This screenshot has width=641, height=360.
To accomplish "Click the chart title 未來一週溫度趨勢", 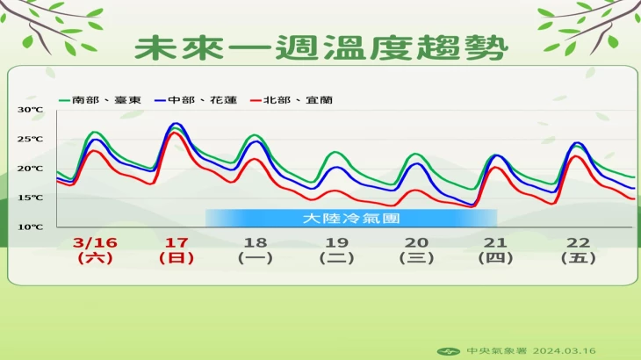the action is (x=321, y=47).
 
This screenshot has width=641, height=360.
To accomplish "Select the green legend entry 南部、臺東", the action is (x=100, y=100).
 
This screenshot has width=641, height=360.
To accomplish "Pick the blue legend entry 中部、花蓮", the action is (x=196, y=100).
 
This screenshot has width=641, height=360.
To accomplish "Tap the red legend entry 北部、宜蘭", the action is (x=292, y=100).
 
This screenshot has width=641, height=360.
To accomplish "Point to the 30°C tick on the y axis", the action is (x=30, y=110).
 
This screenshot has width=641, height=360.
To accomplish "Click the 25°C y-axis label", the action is (x=30, y=139).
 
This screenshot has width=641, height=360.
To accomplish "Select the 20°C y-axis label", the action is (x=30, y=169).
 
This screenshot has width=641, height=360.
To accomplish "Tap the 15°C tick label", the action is (x=30, y=198).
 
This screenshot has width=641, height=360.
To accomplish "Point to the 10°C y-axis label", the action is (x=30, y=227).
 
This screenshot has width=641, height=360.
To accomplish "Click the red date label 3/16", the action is (x=95, y=242).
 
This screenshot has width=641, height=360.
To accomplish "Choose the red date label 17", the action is (x=176, y=242).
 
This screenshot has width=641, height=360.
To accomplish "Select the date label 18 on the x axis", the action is (x=256, y=242).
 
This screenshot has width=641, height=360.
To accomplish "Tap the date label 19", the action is (x=337, y=242).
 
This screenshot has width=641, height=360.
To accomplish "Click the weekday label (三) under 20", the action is (x=416, y=258).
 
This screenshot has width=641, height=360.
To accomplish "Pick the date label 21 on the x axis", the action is (x=495, y=242).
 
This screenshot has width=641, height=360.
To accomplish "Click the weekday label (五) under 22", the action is (x=579, y=258).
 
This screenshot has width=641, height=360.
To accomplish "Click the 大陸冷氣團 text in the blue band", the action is (x=351, y=219).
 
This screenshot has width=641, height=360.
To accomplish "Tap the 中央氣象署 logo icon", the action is (x=449, y=351).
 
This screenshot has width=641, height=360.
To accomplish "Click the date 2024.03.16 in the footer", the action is (x=564, y=351).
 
